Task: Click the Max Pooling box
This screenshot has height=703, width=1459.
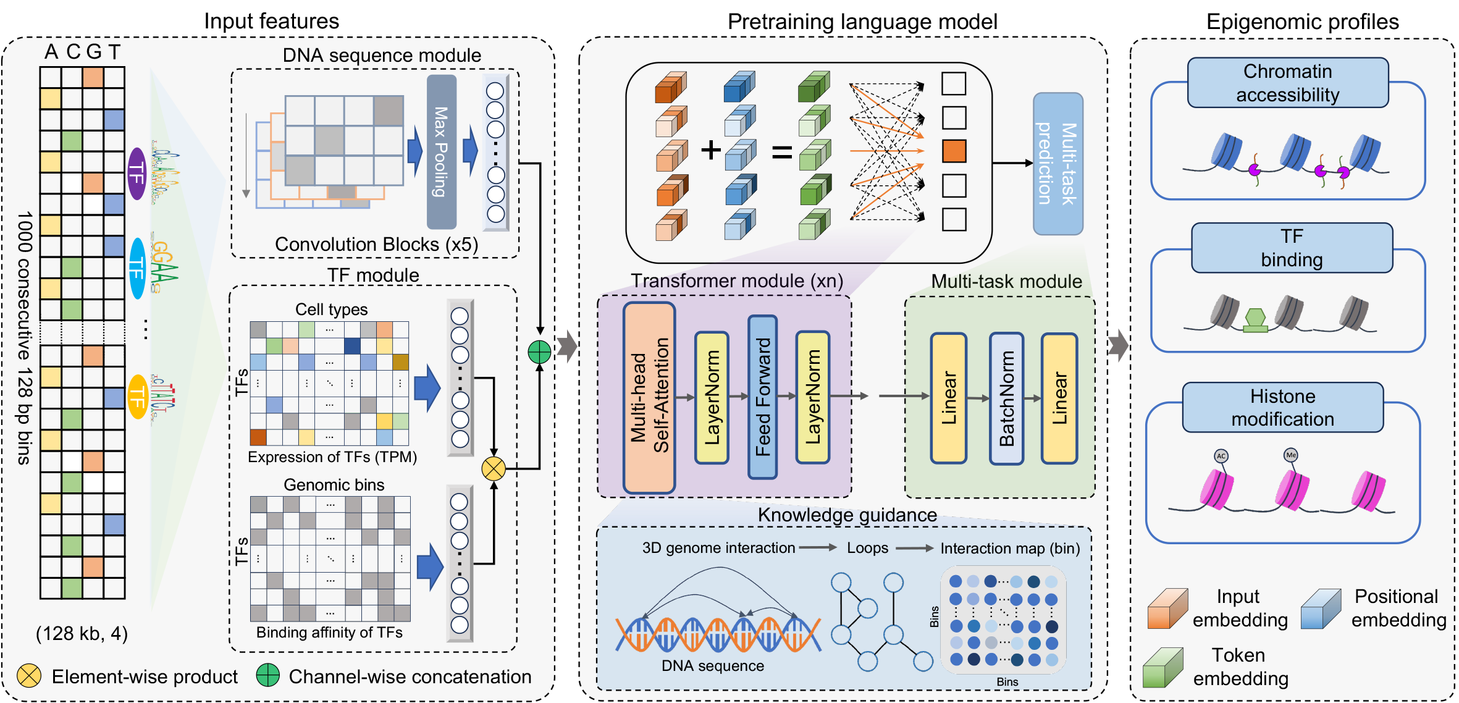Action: [x=441, y=152]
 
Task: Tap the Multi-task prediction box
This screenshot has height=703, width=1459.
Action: [x=1057, y=164]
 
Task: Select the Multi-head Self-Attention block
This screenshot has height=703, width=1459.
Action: [x=649, y=397]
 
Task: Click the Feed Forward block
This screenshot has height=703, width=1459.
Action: [x=762, y=397]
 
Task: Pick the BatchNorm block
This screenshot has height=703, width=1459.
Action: [x=1006, y=398]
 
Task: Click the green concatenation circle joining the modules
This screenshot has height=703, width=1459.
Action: [x=539, y=352]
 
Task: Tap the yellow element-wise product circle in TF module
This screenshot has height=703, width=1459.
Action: [x=494, y=468]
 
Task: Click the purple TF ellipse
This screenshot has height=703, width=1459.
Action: [x=137, y=174]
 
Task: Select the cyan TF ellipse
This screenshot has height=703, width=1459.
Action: [x=137, y=268]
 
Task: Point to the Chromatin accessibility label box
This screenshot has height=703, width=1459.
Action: [x=1287, y=83]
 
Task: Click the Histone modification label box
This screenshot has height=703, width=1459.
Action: [x=1282, y=407]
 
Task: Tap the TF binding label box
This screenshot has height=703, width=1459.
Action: [x=1291, y=248]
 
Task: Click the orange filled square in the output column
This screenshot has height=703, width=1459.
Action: [x=954, y=151]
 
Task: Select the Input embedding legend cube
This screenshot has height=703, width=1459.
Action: [x=1167, y=609]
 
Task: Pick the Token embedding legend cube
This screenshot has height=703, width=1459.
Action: [x=1163, y=668]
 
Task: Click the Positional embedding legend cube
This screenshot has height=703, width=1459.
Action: [x=1320, y=609]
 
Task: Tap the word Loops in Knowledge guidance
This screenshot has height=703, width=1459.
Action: [x=867, y=548]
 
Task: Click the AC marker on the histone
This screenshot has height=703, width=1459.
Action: [x=1221, y=456]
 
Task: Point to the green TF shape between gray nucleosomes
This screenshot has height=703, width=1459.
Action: [x=1255, y=320]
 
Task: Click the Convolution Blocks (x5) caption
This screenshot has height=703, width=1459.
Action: [x=376, y=245]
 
